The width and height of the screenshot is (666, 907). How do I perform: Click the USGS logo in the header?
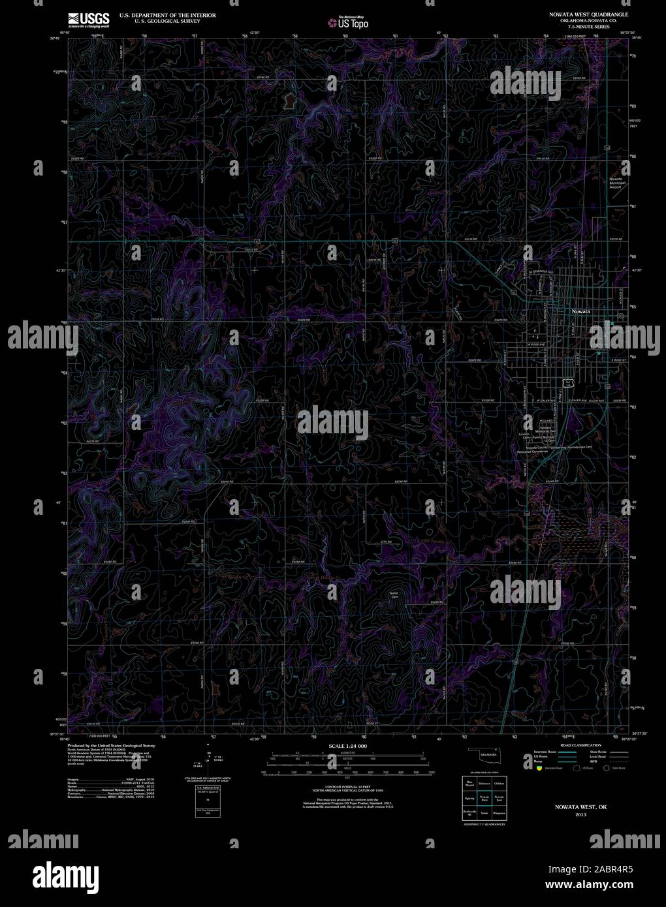click(88, 19)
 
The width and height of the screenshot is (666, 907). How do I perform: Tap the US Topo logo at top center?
click(349, 23)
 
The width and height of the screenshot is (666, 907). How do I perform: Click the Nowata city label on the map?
click(580, 311)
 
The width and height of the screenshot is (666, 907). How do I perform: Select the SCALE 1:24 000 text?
click(348, 745)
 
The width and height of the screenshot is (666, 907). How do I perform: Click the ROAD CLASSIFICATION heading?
click(577, 745)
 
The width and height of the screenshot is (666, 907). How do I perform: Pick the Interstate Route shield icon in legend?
click(537, 768)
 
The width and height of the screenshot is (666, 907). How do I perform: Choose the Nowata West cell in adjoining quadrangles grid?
click(484, 798)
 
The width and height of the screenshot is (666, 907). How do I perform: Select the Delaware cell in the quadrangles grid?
click(484, 782)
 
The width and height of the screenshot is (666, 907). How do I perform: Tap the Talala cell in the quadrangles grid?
click(484, 814)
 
